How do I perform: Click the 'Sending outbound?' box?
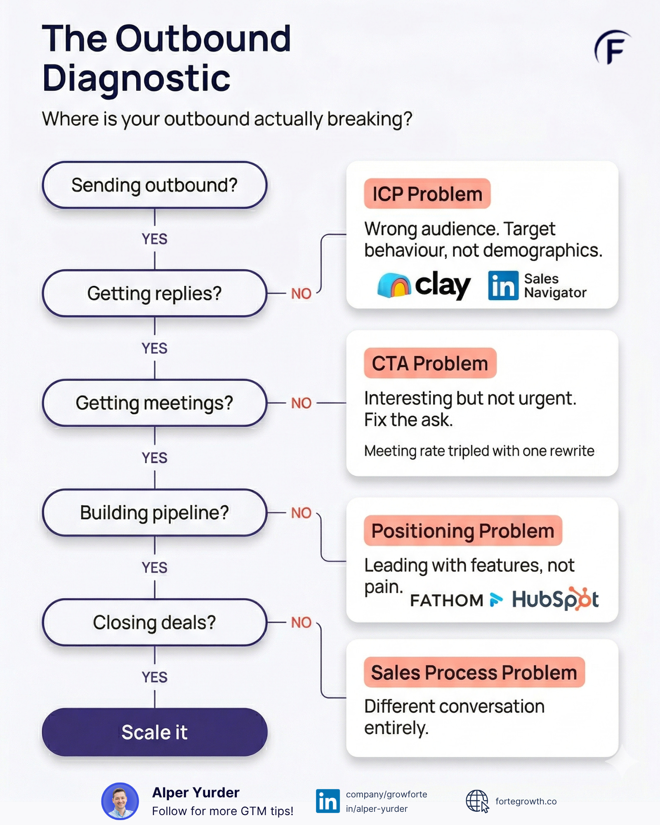[154, 185]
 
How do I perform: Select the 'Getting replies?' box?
[154, 294]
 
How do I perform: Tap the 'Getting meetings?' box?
[154, 403]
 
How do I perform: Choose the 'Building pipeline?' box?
[154, 513]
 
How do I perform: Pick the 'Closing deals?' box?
[154, 622]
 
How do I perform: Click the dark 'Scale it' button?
[154, 732]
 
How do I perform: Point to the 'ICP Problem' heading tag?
[427, 194]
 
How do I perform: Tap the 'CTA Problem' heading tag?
[430, 363]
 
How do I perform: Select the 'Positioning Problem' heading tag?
[462, 531]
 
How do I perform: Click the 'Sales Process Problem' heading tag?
[474, 672]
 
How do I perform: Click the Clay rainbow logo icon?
[394, 285]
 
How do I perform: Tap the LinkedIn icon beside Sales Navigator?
[503, 285]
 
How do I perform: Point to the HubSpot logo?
[555, 599]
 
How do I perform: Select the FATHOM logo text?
[447, 600]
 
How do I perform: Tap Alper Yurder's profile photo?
[120, 801]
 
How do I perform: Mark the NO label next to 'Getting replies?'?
[301, 294]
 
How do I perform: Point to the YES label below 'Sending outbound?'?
[154, 239]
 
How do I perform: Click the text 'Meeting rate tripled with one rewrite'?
[479, 451]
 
